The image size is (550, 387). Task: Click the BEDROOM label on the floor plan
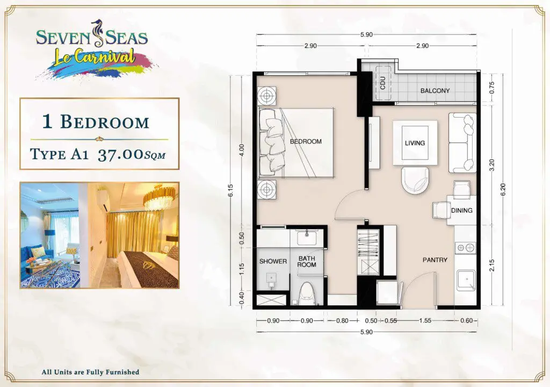(x=306, y=141)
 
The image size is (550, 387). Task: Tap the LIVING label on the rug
(x=415, y=143)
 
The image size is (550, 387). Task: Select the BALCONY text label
(x=435, y=91)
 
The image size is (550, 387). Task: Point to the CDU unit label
(x=382, y=83)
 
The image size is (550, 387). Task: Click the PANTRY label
(x=435, y=260)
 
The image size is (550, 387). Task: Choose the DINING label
(x=461, y=210)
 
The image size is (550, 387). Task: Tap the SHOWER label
(x=273, y=261)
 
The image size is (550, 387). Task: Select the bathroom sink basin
(x=307, y=238)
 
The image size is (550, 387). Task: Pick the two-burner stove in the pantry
(x=465, y=248)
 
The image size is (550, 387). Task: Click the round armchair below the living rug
(x=415, y=180)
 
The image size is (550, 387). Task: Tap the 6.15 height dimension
(x=230, y=191)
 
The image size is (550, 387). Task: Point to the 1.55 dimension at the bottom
(x=425, y=321)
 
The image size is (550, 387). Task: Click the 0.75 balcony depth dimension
(x=491, y=87)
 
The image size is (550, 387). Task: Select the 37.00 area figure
(x=121, y=154)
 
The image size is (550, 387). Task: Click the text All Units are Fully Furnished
(x=90, y=372)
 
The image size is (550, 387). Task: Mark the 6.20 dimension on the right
(x=503, y=190)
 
